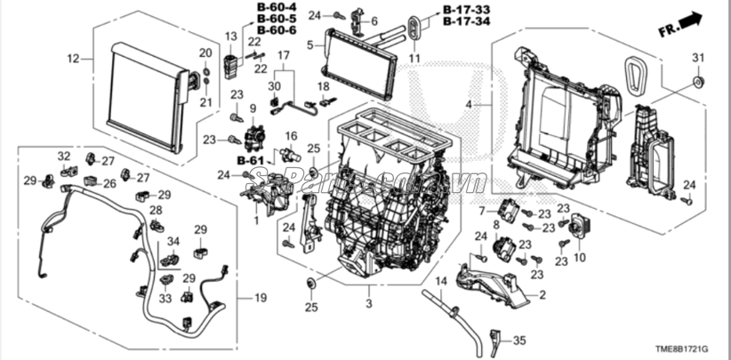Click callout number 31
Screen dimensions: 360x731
point(697,59)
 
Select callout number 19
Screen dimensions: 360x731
point(259,296)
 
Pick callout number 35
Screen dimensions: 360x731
point(520,339)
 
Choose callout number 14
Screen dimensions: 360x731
point(438,282)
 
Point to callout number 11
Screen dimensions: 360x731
point(414,59)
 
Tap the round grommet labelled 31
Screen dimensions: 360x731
point(697,83)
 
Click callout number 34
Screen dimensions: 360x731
point(173,241)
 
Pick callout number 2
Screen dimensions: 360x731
point(542,293)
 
